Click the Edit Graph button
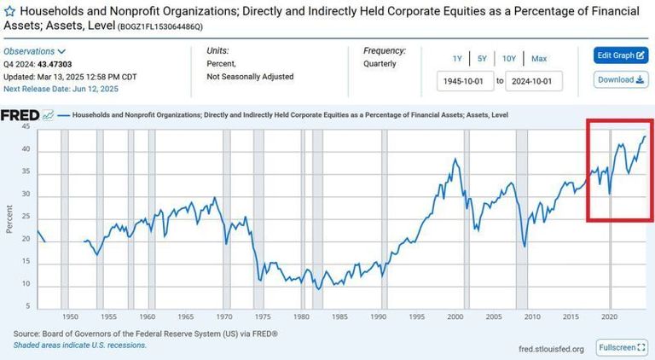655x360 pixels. point(621,55)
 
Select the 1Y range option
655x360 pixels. point(457,59)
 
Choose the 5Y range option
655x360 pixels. point(482,59)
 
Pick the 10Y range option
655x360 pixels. point(509,59)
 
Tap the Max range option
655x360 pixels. point(539,59)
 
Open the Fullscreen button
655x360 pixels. point(622,348)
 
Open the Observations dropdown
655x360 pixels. point(35,51)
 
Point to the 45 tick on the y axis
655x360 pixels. point(25,127)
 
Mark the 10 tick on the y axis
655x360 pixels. point(25,284)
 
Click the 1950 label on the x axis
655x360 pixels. point(71,316)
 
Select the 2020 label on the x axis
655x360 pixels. point(609,316)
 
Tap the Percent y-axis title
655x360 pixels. point(9,218)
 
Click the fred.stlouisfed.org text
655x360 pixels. point(551,349)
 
